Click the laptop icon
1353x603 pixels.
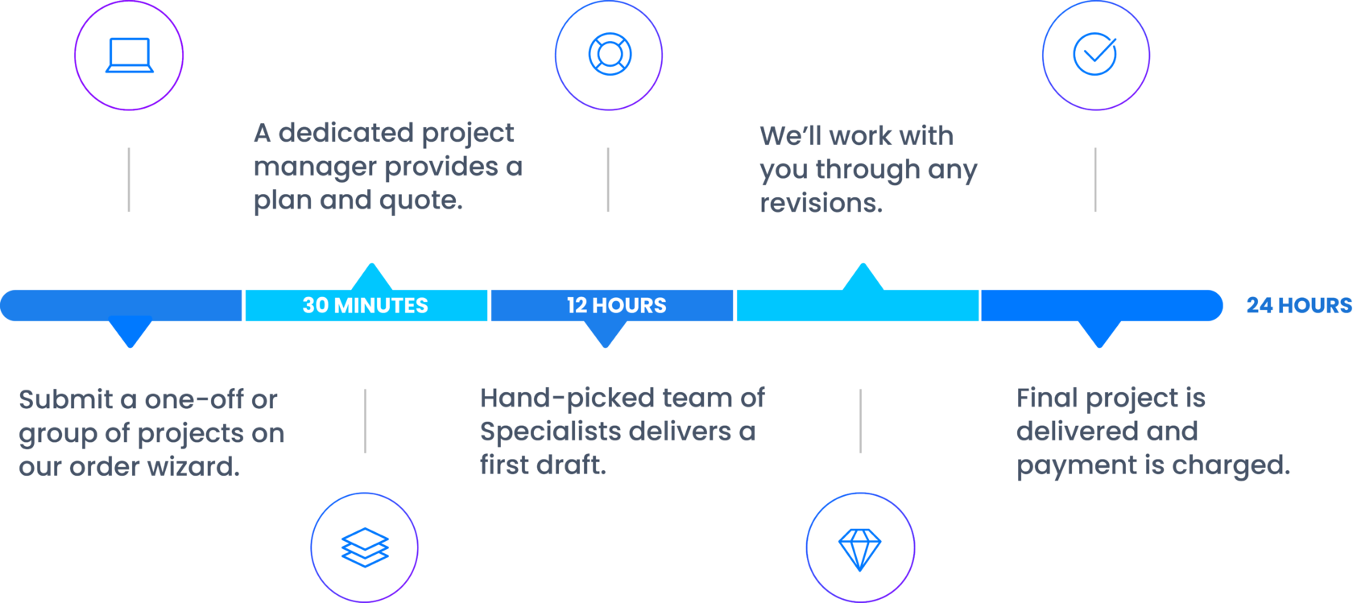coord(129,55)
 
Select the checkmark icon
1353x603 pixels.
coord(1095,54)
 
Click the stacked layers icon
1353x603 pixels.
coord(365,547)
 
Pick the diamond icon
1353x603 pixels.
coord(860,548)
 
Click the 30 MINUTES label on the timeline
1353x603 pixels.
coord(366,305)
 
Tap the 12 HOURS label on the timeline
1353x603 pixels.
coord(617,305)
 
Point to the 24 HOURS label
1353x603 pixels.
coord(1298,305)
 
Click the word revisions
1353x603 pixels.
coord(821,203)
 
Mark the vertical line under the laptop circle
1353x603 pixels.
coord(129,180)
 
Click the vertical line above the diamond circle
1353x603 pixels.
coord(860,421)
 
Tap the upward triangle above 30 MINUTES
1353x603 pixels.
coord(371,276)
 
